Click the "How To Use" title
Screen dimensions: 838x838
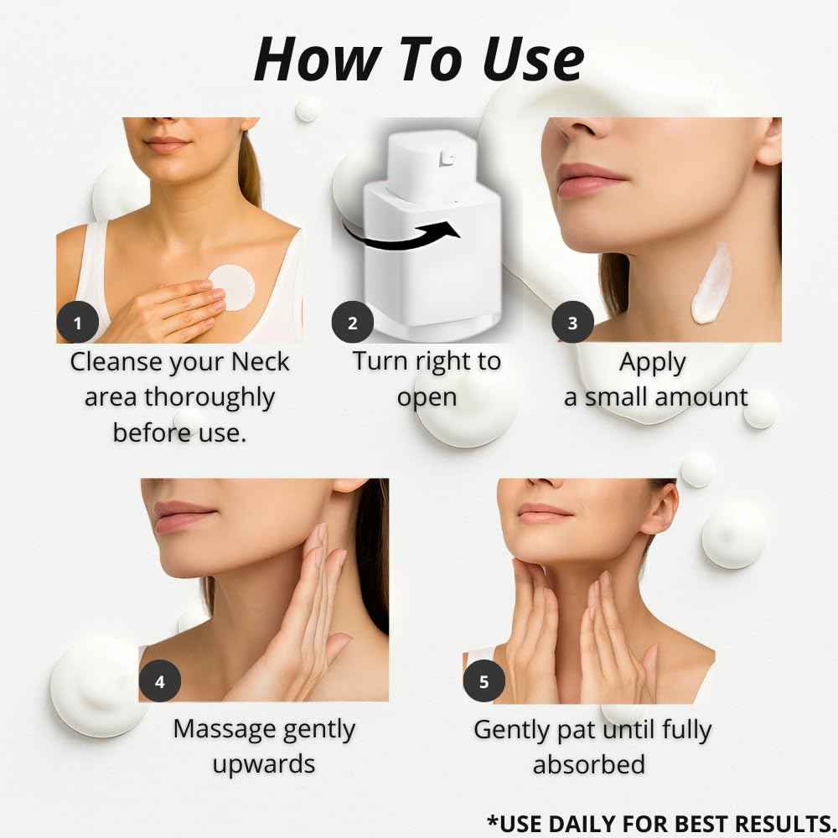(419, 59)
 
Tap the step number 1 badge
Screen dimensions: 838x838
(78, 323)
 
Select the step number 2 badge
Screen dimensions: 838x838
(353, 323)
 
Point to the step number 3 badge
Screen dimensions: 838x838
(572, 323)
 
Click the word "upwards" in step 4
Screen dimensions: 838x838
(264, 764)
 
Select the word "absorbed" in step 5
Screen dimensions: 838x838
(589, 764)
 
